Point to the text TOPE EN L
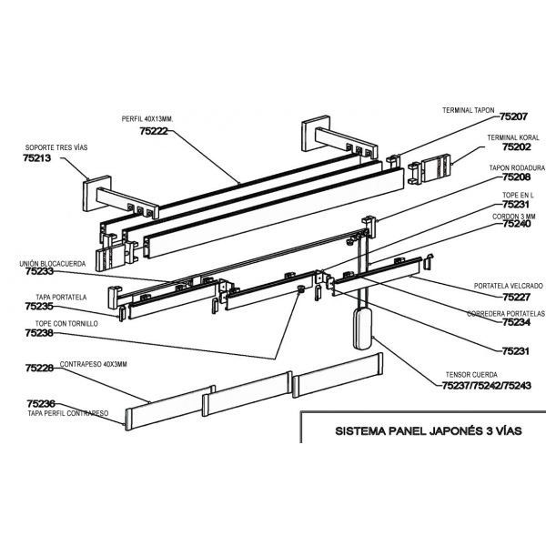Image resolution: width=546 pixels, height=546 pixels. tap(515, 195)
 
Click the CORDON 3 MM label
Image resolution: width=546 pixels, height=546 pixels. tap(514, 215)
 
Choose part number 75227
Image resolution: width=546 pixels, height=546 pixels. tap(514, 296)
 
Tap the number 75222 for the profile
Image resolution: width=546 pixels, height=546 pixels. tap(154, 131)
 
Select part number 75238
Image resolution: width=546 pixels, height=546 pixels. tap(39, 334)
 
